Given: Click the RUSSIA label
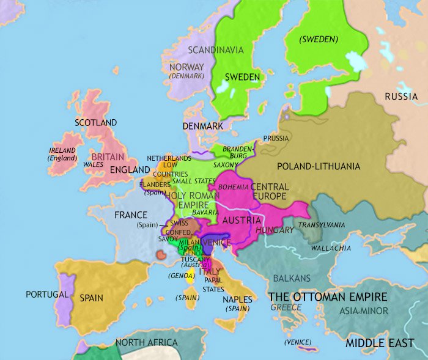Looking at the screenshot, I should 401,96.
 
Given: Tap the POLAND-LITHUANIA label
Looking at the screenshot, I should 319,166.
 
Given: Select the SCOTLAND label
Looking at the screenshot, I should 95,123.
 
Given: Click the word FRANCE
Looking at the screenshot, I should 131,215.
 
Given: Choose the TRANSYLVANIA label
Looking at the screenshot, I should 322,225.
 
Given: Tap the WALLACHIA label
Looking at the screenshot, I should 331,248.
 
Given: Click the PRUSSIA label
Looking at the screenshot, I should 276,138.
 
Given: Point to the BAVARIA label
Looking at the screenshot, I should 205,211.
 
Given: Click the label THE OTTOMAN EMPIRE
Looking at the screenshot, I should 328,297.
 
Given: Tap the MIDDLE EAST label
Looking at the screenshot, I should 380,343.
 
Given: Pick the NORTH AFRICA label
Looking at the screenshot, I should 147,342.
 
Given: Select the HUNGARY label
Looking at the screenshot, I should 275,230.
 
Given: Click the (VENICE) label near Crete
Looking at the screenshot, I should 294,342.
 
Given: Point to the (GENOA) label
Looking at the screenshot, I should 182,276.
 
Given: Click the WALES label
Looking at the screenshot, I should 93,164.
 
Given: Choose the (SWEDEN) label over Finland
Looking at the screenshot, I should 318,39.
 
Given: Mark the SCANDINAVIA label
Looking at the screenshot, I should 215,50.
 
